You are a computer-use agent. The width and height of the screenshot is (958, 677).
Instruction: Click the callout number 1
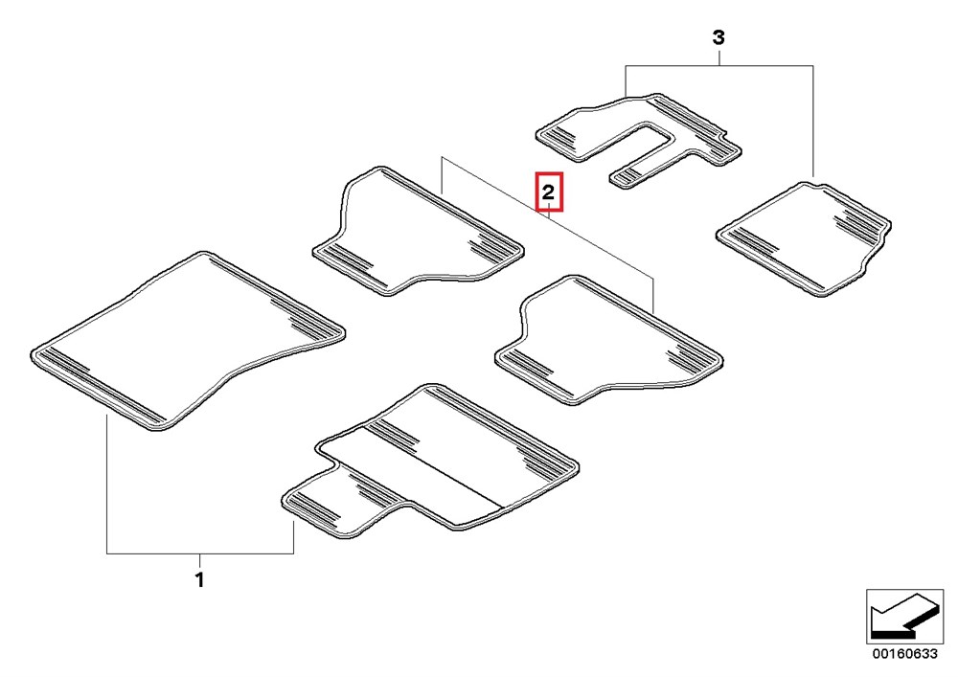tap(199, 579)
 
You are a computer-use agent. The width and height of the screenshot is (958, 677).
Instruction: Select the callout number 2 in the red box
tap(549, 192)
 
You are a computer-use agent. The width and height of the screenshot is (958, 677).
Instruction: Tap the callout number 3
tap(719, 38)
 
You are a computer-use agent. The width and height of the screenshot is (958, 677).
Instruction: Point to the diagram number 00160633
tap(904, 654)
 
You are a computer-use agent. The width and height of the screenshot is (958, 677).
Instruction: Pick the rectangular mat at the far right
tap(803, 238)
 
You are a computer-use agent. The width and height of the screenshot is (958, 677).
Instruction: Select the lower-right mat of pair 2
tap(608, 340)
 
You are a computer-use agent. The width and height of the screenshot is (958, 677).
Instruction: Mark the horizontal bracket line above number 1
tap(200, 553)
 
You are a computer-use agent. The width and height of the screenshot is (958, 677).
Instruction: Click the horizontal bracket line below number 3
tap(719, 65)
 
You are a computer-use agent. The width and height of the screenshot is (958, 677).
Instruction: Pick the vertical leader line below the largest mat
tap(107, 484)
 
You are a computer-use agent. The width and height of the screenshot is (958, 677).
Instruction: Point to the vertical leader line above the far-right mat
tap(813, 121)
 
